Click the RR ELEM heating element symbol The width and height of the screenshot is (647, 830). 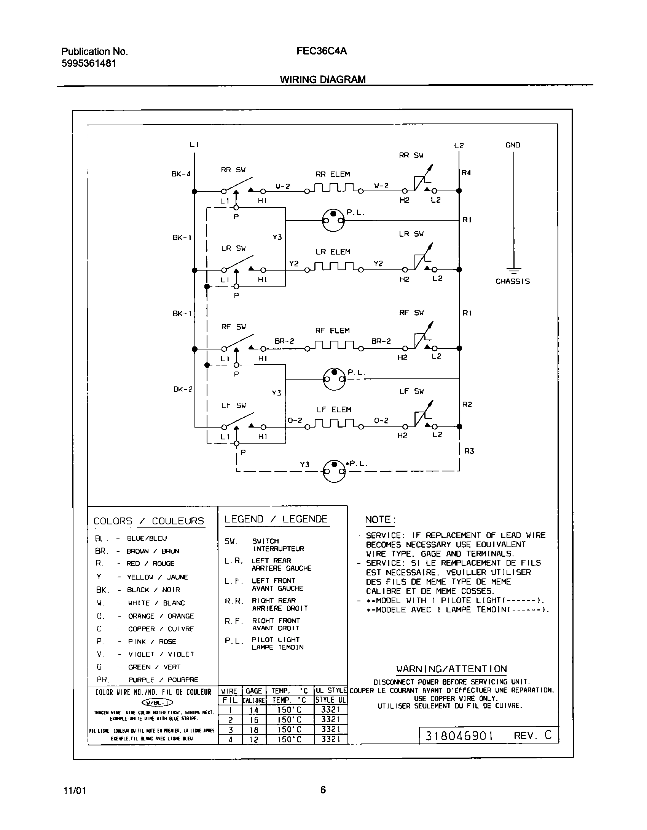pos(333,188)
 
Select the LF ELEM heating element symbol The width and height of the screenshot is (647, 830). pos(333,423)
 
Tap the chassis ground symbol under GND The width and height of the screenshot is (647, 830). pos(514,271)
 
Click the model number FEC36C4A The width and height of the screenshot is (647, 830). pos(322,51)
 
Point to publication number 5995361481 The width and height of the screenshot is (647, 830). pos(89,64)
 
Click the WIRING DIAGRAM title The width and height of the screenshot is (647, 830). pos(323,79)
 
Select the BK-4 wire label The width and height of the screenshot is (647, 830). pos(181,174)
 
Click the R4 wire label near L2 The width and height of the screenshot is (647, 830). pos(466,173)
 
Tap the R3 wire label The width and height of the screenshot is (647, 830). pos(469,451)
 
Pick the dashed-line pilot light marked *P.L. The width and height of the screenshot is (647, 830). pos(334,471)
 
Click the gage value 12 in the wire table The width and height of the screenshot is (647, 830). pos(254,740)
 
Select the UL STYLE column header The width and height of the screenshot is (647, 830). pos(331,691)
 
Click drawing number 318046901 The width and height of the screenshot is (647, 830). pos(459,735)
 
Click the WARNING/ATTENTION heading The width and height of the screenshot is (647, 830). pos(451,669)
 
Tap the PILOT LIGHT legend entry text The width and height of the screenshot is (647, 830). pos(276,639)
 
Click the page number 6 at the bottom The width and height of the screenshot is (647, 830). pos(323,790)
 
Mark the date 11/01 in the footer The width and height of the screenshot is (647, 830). pos(75,790)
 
